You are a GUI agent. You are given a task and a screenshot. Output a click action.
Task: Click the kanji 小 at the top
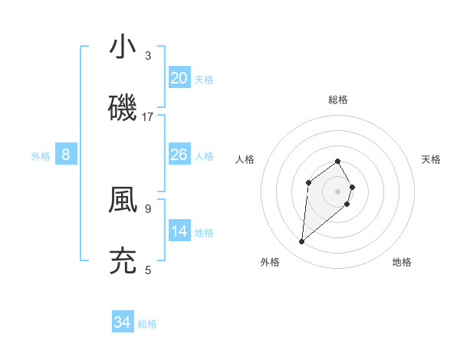click(123, 47)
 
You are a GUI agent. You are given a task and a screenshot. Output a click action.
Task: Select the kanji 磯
click(123, 107)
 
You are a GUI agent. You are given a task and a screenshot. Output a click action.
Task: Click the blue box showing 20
click(179, 77)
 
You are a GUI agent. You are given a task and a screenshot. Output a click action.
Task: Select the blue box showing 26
click(179, 155)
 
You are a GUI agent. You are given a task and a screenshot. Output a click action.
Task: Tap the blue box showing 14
click(179, 231)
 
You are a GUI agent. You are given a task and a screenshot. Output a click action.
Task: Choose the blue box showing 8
click(66, 155)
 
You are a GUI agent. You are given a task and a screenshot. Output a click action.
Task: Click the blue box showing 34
click(123, 322)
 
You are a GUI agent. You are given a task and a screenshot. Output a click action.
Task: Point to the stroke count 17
click(148, 117)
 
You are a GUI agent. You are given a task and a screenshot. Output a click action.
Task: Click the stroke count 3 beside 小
click(148, 56)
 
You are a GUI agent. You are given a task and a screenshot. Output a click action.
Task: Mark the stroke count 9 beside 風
click(148, 208)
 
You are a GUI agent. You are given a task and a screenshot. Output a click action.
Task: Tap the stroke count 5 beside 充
click(148, 270)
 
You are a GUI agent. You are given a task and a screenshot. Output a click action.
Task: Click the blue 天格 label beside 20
click(204, 79)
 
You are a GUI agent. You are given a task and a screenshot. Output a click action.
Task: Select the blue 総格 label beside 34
click(147, 324)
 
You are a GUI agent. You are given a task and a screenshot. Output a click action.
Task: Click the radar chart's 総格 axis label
click(338, 100)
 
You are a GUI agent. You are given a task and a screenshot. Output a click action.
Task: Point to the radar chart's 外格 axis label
click(270, 262)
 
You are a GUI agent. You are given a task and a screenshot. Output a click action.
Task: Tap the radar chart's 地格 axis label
click(402, 262)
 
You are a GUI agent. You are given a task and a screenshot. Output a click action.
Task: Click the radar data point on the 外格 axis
click(302, 242)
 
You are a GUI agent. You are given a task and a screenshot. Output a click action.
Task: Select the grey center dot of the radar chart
click(338, 191)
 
